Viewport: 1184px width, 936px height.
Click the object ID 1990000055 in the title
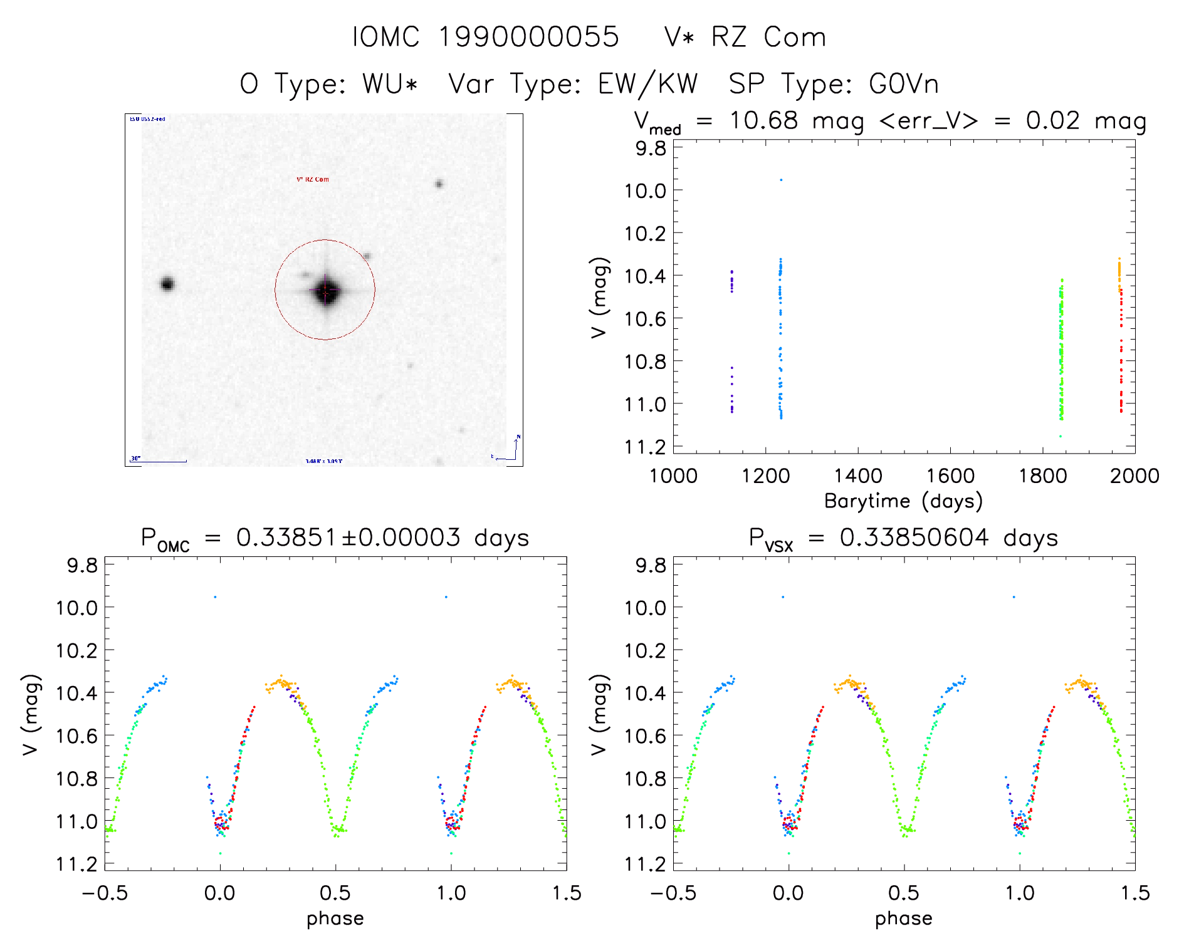[x=528, y=37]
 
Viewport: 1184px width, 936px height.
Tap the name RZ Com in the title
[x=768, y=37]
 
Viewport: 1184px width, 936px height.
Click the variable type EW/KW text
[x=647, y=83]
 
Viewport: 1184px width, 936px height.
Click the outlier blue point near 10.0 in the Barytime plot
[x=781, y=180]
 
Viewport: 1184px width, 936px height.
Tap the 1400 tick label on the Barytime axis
[x=857, y=476]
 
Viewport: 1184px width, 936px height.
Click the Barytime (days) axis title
[x=903, y=501]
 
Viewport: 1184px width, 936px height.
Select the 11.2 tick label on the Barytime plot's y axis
[x=645, y=447]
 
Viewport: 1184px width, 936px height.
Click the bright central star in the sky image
[x=326, y=291]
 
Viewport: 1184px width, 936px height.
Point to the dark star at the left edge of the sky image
[x=167, y=284]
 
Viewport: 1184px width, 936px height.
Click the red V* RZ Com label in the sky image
[x=312, y=179]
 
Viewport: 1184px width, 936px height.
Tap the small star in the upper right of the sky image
[x=439, y=184]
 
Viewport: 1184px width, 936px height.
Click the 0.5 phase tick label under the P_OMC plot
[x=335, y=893]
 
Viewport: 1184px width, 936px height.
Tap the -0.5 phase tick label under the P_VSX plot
[x=673, y=893]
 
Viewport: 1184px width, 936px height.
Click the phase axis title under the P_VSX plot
[x=903, y=918]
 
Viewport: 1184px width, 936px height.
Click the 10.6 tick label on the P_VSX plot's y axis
[x=645, y=736]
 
